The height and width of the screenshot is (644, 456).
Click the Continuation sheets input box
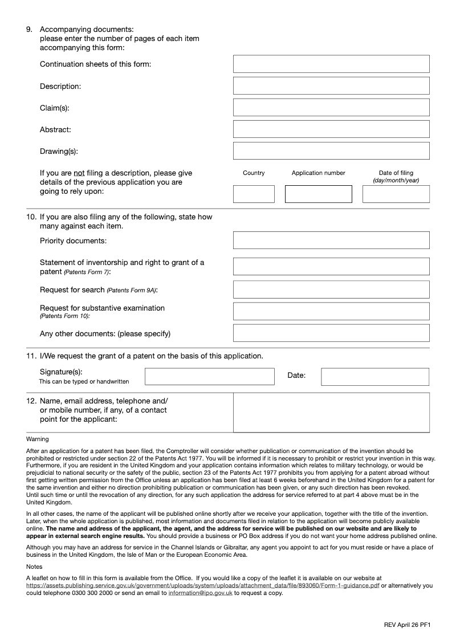click(331, 64)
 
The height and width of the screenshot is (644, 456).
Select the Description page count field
click(331, 85)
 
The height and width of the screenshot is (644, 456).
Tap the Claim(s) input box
click(331, 107)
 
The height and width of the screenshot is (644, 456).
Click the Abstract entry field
click(331, 129)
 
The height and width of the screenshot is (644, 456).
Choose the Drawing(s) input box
click(331, 150)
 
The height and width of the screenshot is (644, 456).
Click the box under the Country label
click(254, 194)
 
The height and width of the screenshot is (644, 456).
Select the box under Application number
click(318, 194)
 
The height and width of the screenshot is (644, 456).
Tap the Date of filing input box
click(396, 194)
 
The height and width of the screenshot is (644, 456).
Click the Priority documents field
click(331, 240)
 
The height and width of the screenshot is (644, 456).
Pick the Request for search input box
click(331, 290)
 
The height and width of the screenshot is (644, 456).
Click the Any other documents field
click(331, 333)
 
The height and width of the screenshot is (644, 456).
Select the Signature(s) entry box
click(209, 377)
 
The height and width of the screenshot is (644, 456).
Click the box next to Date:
click(374, 377)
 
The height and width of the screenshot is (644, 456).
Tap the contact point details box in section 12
click(331, 413)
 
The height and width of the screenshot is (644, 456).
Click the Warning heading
click(38, 439)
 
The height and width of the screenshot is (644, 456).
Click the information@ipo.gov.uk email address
click(200, 593)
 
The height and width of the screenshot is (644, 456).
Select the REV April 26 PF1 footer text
click(406, 625)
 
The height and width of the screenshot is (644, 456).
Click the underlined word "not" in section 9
click(79, 173)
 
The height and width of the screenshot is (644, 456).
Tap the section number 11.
click(31, 356)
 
